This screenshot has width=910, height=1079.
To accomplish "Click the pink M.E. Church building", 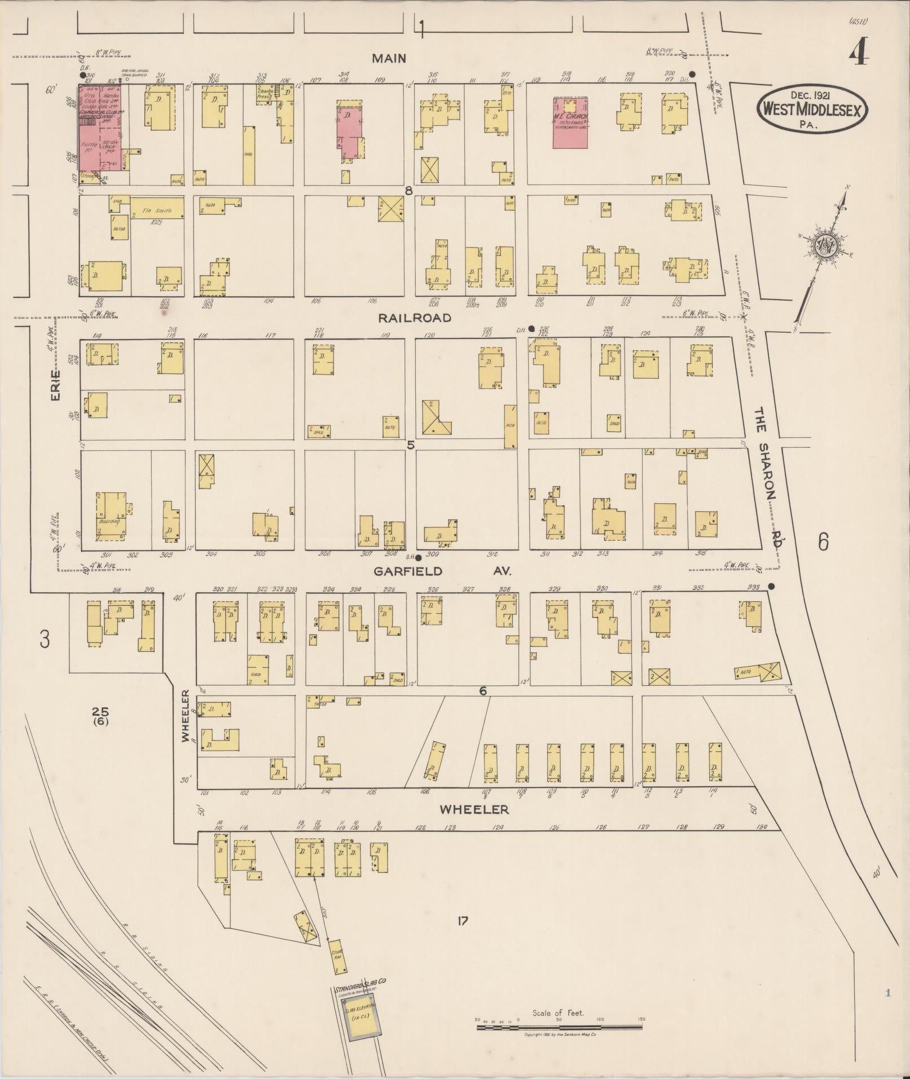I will point(570,122).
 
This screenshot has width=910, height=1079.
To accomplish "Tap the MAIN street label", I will point(389,59).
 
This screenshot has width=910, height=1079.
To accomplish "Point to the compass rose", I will point(825,246).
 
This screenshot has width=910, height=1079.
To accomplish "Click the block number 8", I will point(409,191).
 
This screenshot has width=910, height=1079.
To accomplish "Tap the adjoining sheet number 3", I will point(45,640).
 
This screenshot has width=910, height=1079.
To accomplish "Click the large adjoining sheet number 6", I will point(823,542).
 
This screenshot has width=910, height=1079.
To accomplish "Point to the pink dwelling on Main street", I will point(350,130).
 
